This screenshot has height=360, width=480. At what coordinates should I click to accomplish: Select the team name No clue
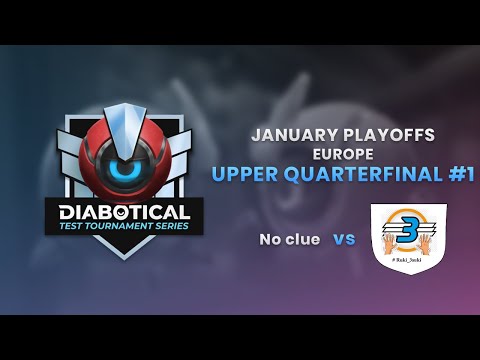290,239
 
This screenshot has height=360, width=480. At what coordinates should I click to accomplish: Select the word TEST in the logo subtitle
78,226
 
